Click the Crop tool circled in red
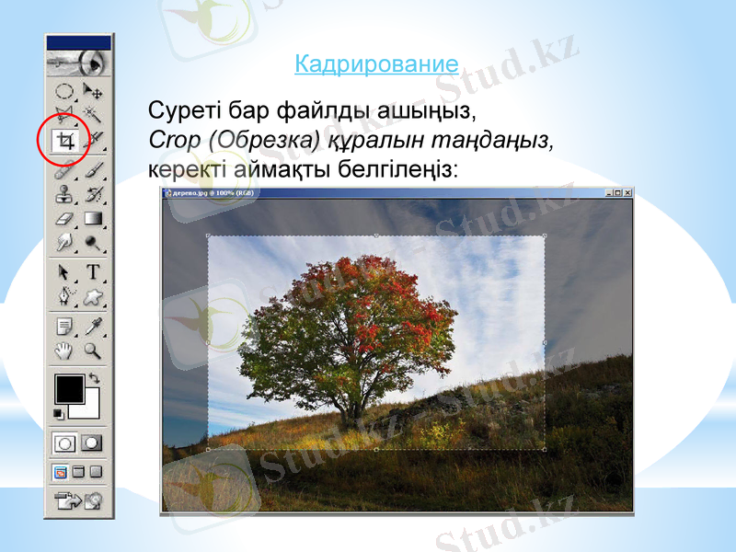point(65,141)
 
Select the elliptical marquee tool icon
point(65,91)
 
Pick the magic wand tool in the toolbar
point(92,115)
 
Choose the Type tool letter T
point(92,271)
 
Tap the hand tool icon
point(65,350)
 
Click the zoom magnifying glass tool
point(92,350)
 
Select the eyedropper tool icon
point(92,325)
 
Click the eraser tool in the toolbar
point(65,219)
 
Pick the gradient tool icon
point(92,219)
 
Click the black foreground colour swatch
point(68,388)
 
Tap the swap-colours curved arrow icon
point(94,378)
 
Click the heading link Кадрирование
point(376,64)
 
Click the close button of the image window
point(627,192)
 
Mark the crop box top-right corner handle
point(544,236)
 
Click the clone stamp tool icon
point(65,194)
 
